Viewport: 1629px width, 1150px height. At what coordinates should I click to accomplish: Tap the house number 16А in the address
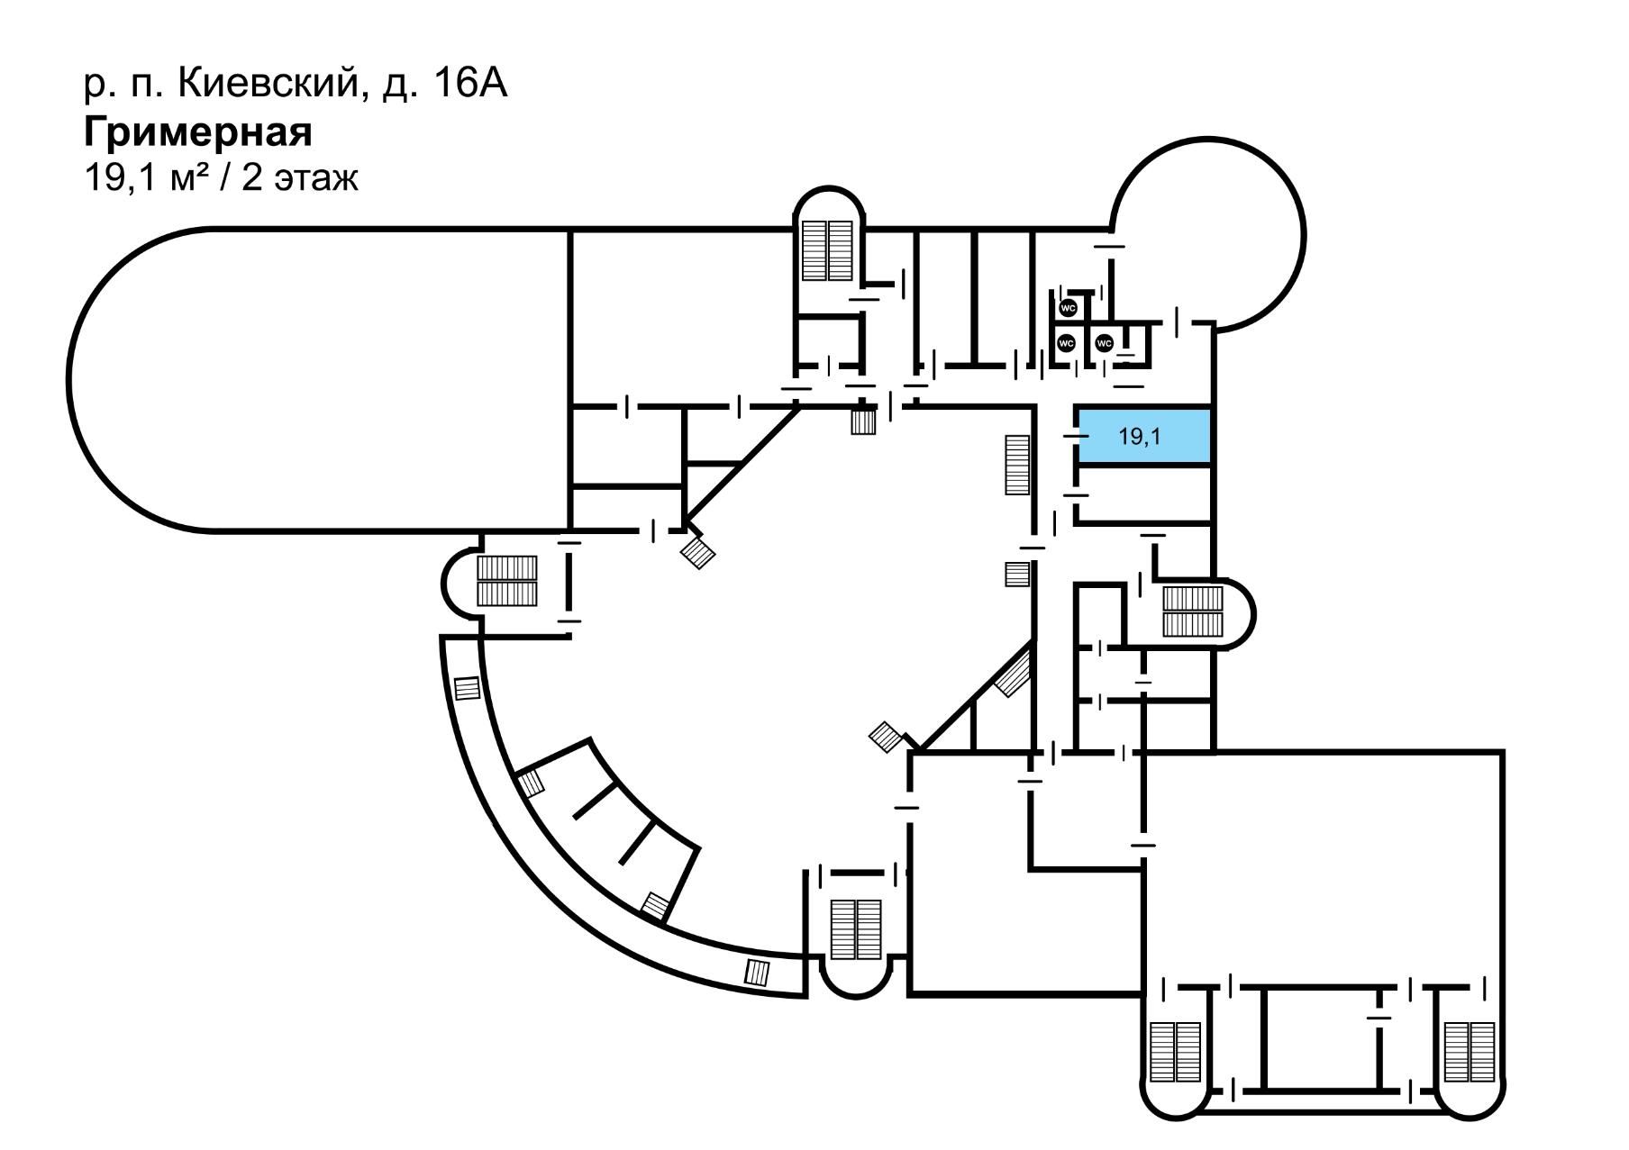tap(469, 84)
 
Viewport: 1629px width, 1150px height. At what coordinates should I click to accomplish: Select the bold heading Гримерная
tap(198, 132)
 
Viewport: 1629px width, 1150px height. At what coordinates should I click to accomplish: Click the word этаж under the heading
tap(316, 178)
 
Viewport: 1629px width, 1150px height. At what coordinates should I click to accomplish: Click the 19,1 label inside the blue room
tap(1140, 437)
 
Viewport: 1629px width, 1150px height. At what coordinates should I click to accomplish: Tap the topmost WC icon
tap(1069, 308)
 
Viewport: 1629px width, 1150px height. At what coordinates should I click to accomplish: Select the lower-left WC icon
tap(1067, 343)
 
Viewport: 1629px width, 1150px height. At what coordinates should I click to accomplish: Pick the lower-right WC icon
tap(1104, 343)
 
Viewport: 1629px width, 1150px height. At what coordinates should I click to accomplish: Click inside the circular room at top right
tap(1207, 234)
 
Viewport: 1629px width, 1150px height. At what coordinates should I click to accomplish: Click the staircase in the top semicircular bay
tap(828, 249)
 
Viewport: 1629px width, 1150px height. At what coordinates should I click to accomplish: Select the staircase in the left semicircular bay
tap(506, 581)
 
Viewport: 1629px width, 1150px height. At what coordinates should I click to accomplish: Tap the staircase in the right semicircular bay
tap(1193, 611)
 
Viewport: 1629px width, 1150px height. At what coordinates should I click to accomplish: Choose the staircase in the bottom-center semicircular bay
tap(855, 929)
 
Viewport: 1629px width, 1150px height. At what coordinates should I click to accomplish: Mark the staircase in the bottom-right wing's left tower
tap(1176, 1053)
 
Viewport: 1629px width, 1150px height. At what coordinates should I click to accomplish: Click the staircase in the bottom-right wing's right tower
tap(1470, 1053)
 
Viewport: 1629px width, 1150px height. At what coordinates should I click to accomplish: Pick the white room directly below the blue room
tap(1142, 494)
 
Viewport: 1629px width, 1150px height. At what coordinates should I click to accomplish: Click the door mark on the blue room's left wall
tap(1076, 436)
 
